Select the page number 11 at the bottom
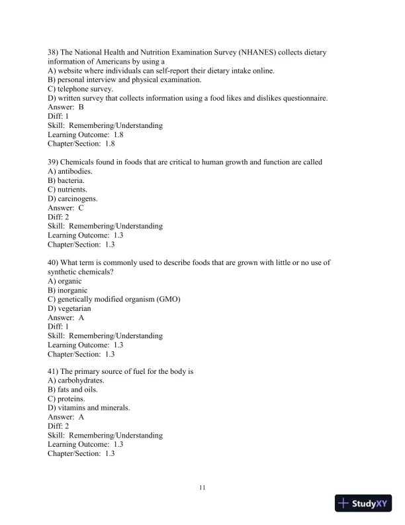[202, 488]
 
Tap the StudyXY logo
[364, 504]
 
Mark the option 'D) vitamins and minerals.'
[89, 408]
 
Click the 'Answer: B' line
[66, 107]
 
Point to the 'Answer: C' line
[66, 207]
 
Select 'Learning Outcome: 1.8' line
[85, 135]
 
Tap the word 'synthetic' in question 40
[65, 272]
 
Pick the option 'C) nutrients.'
[68, 190]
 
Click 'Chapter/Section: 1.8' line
[81, 144]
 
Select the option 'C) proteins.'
[66, 399]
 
